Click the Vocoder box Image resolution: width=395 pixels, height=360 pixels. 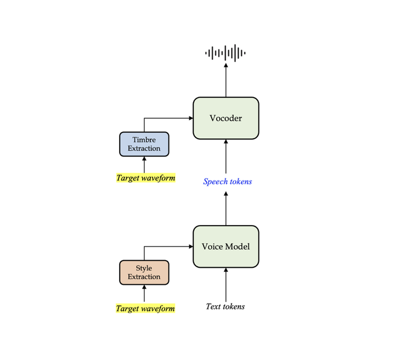click(225, 117)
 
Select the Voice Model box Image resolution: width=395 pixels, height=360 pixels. click(225, 246)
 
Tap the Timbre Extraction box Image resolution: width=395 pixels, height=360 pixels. click(144, 144)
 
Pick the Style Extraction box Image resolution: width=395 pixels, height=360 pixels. click(144, 272)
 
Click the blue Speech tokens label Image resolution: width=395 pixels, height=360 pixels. click(227, 181)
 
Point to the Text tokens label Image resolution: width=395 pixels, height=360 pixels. click(225, 306)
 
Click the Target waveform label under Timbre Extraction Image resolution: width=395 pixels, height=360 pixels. click(145, 178)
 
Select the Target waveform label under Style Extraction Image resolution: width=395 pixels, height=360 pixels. click(145, 308)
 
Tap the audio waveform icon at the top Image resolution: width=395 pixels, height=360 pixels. click(225, 53)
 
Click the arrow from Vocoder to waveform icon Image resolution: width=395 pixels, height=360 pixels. click(225, 80)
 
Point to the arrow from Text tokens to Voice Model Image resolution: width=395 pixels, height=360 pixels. click(225, 284)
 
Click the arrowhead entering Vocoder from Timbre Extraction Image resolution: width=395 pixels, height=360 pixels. click(189, 117)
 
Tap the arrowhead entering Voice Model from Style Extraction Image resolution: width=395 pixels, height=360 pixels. click(189, 246)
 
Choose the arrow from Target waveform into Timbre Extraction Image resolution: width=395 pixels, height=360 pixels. click(144, 165)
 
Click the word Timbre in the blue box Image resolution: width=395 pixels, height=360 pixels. click(144, 140)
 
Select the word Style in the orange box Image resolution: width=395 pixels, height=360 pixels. click(144, 268)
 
